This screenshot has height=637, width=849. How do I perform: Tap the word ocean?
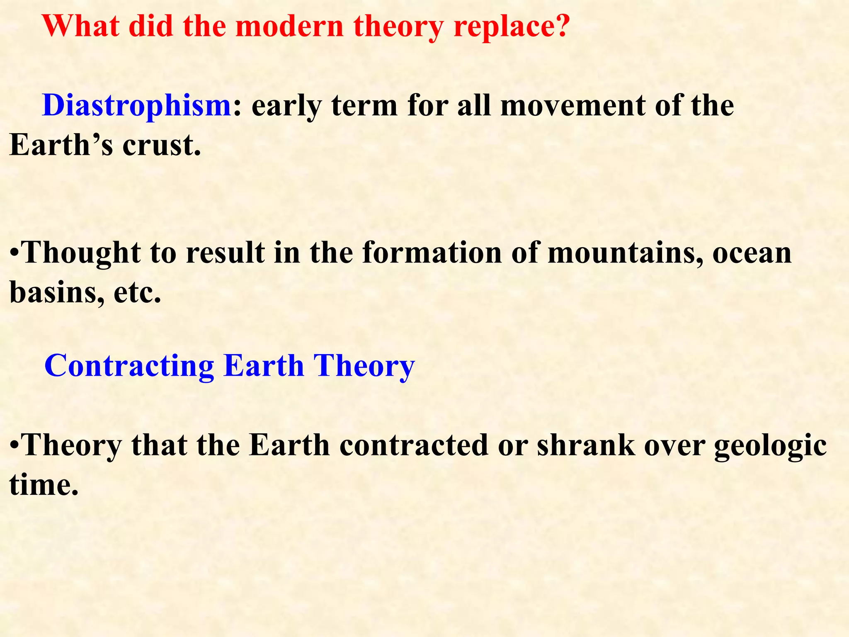(x=752, y=253)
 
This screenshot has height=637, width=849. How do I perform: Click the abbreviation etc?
(x=137, y=293)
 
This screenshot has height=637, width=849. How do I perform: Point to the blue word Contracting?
(x=129, y=366)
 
